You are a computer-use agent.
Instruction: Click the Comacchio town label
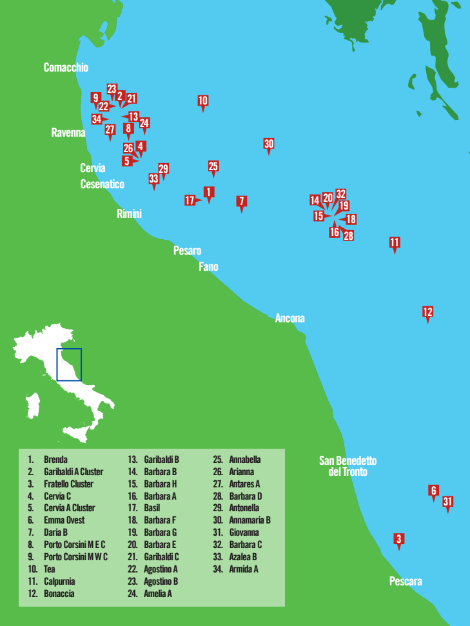tap(66, 68)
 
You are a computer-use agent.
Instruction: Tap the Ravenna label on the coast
tap(68, 133)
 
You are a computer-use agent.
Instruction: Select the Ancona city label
tap(289, 318)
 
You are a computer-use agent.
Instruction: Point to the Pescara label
tap(406, 582)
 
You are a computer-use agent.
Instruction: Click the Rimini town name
tap(129, 214)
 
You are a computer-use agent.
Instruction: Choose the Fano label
tap(208, 266)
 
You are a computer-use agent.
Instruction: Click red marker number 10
tap(203, 101)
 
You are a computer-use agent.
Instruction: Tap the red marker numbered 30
tap(269, 144)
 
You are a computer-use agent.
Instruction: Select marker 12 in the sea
tap(427, 313)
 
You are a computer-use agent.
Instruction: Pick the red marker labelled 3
tap(399, 540)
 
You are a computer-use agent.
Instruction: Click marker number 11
tap(395, 243)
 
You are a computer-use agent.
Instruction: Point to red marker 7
tap(241, 202)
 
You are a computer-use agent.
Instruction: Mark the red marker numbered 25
tap(213, 167)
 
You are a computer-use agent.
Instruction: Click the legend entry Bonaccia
tap(59, 594)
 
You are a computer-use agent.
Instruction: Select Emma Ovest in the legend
tap(64, 520)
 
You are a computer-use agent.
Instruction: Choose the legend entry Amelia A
tap(157, 594)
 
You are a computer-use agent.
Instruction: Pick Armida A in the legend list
tap(243, 569)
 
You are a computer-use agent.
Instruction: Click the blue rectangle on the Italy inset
tap(69, 364)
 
